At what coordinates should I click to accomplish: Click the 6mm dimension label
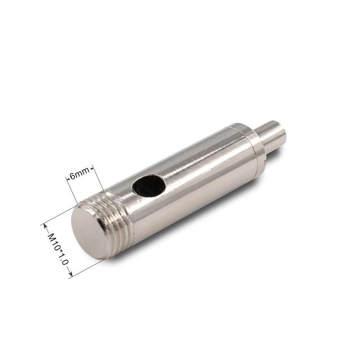pos(80,174)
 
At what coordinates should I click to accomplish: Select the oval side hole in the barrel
pos(149,186)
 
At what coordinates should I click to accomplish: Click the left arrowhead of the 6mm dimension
pos(67,178)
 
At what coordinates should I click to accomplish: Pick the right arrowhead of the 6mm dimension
pos(92,169)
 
